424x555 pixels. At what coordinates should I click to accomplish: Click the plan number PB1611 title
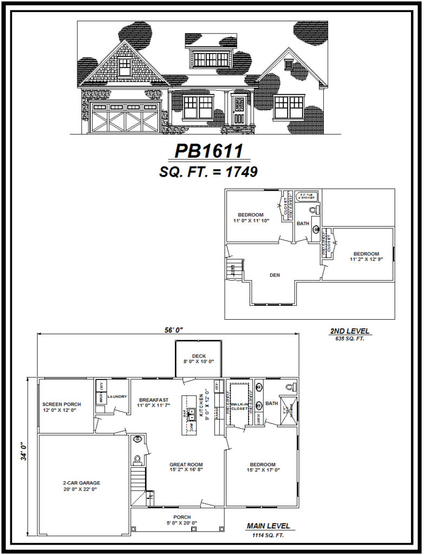pyautogui.click(x=208, y=151)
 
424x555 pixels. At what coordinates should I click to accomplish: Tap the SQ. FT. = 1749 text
pyautogui.click(x=208, y=172)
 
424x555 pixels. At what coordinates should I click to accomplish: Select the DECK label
pyautogui.click(x=199, y=356)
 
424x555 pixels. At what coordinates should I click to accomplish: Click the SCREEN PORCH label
pyautogui.click(x=61, y=404)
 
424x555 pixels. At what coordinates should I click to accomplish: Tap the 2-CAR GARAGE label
pyautogui.click(x=82, y=483)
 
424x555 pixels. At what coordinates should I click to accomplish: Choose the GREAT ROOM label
pyautogui.click(x=186, y=464)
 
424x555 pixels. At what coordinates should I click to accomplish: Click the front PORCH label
pyautogui.click(x=181, y=517)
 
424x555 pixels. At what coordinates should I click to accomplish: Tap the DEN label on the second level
pyautogui.click(x=275, y=275)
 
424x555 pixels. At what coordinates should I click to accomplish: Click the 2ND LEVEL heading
pyautogui.click(x=350, y=331)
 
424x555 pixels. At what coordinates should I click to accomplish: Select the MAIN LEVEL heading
pyautogui.click(x=268, y=526)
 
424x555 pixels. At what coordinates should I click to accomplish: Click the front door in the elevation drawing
pyautogui.click(x=239, y=109)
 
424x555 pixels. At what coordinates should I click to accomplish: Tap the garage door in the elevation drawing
pyautogui.click(x=126, y=118)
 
